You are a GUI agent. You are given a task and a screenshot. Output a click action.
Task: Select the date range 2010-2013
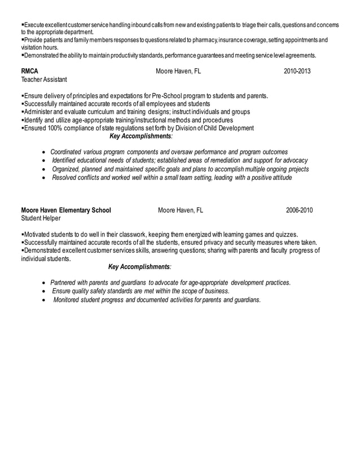tap(297, 72)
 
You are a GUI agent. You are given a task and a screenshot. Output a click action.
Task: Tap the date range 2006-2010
tap(299, 210)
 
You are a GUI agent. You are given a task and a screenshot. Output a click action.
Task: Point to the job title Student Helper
tap(40, 218)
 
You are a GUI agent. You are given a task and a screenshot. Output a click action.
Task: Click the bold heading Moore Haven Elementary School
tap(65, 210)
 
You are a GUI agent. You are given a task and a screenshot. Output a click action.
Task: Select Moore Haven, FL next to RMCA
tap(178, 72)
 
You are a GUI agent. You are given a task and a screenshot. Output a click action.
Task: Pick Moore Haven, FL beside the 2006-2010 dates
tap(181, 210)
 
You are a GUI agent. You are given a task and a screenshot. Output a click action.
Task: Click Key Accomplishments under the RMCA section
tap(141, 136)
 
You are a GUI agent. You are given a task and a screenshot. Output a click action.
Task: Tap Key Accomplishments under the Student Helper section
tap(139, 266)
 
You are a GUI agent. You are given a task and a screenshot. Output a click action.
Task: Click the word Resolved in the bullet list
tap(65, 178)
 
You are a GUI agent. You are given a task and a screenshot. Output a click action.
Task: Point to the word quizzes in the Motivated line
tap(286, 235)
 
